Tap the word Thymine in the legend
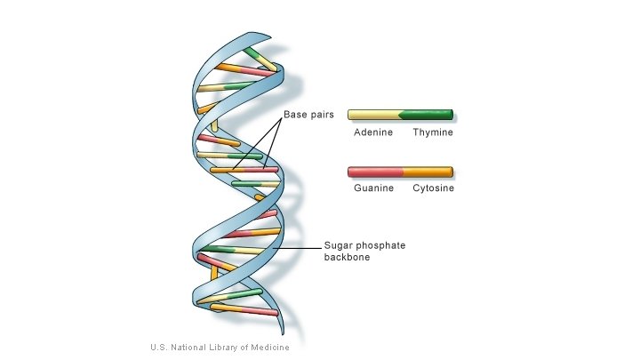[433, 132]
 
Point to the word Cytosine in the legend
[433, 188]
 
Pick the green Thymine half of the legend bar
[428, 115]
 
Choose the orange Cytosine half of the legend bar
[428, 172]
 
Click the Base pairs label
[308, 115]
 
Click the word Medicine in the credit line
[268, 347]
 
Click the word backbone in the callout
[348, 258]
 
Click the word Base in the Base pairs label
[296, 115]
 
